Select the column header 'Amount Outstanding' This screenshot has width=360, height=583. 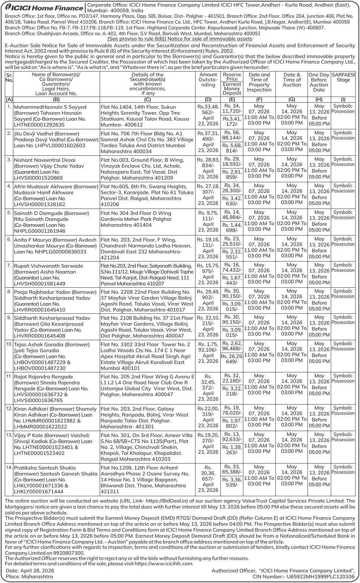[208, 80]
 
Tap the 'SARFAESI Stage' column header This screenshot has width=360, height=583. [343, 77]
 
